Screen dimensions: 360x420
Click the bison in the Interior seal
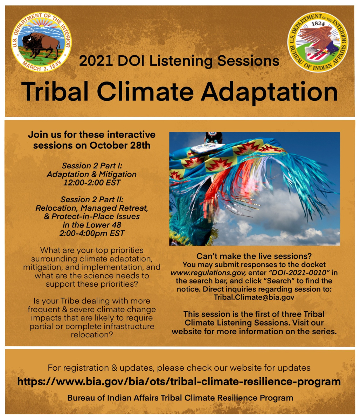click(x=40, y=45)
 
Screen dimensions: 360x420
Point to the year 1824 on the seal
click(x=318, y=24)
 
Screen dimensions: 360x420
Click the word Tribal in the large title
click(x=55, y=91)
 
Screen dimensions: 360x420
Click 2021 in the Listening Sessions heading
click(x=96, y=61)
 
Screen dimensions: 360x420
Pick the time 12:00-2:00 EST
click(x=92, y=182)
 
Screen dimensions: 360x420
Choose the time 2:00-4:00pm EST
click(x=92, y=233)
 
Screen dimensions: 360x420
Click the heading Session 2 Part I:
click(x=92, y=166)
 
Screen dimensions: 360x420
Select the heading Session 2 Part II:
click(x=92, y=199)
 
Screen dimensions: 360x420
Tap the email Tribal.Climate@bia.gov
click(x=254, y=297)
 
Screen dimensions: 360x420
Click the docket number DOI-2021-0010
click(x=299, y=272)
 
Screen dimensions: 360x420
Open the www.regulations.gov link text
click(x=208, y=273)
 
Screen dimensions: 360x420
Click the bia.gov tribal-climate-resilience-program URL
click(x=179, y=381)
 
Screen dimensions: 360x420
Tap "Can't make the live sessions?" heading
click(x=254, y=256)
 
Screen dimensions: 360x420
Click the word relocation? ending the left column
click(x=92, y=335)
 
